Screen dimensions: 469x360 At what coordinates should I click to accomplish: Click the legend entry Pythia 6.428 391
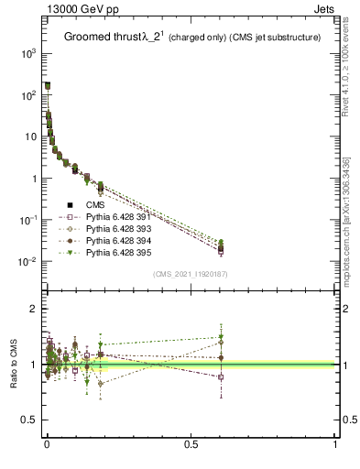tap(117, 217)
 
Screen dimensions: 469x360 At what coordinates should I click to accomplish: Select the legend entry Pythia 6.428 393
tap(117, 228)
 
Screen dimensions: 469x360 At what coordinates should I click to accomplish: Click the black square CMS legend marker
tap(70, 205)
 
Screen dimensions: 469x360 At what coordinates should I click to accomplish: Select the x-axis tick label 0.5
tap(191, 444)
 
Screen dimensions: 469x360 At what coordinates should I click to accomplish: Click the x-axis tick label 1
tap(335, 444)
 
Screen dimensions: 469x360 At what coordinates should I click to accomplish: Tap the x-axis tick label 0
tap(46, 444)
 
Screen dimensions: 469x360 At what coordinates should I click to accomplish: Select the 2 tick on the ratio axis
tap(34, 309)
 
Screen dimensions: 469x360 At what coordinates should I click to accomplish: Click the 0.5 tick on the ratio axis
tap(30, 420)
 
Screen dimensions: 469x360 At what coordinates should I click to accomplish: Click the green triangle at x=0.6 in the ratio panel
tap(221, 337)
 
